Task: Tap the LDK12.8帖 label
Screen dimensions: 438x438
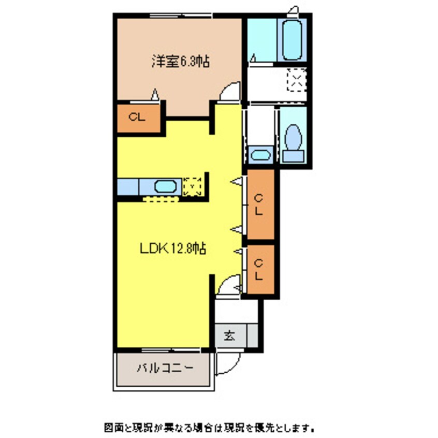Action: click(x=173, y=249)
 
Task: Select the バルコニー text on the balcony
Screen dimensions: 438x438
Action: click(x=165, y=369)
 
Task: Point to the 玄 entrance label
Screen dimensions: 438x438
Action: click(x=228, y=335)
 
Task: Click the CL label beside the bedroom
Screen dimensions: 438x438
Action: click(x=137, y=118)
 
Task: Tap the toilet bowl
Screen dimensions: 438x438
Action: click(x=294, y=136)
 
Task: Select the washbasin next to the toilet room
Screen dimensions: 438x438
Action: click(x=260, y=154)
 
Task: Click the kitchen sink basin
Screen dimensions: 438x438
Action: click(x=166, y=186)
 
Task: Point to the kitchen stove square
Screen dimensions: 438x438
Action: click(x=193, y=186)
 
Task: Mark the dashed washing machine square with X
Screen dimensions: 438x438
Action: click(x=297, y=80)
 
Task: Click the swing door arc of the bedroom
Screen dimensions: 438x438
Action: click(x=229, y=92)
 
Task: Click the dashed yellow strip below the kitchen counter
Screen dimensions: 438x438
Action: click(x=160, y=198)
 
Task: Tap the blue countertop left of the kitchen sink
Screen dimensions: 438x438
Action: click(x=128, y=186)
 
